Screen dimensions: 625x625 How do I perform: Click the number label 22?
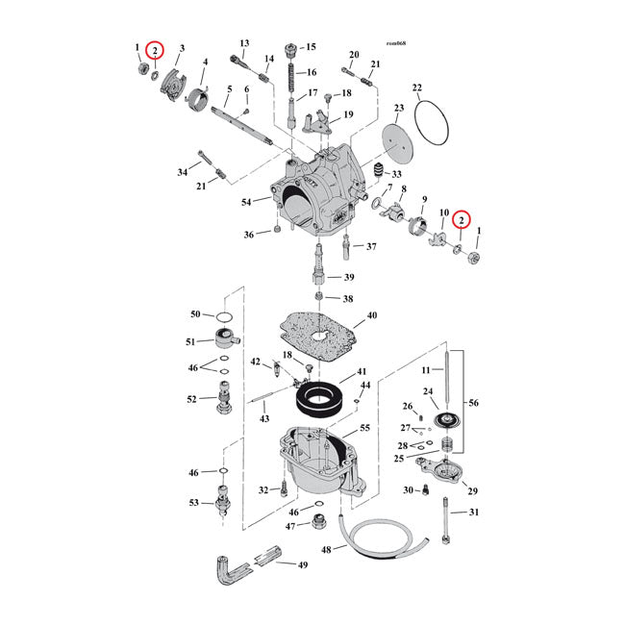pyautogui.click(x=416, y=89)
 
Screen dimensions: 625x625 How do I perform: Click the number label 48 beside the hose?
pyautogui.click(x=326, y=551)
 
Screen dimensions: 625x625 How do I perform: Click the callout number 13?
pyautogui.click(x=244, y=43)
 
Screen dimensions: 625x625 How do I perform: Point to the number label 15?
pyautogui.click(x=311, y=47)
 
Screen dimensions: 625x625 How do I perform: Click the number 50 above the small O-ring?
pyautogui.click(x=195, y=314)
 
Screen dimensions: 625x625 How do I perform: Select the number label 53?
pyautogui.click(x=195, y=502)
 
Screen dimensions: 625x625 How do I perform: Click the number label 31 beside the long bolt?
pyautogui.click(x=472, y=512)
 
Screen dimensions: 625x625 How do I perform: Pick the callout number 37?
pyautogui.click(x=371, y=247)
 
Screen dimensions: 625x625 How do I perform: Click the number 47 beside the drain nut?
pyautogui.click(x=290, y=526)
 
